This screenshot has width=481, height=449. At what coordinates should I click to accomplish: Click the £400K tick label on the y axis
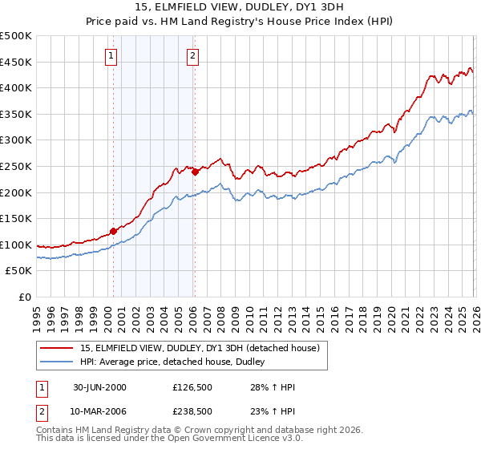(x=16, y=87)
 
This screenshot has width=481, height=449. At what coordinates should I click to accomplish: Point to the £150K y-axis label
(x=16, y=218)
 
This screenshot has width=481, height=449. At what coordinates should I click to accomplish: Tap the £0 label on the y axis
(x=25, y=297)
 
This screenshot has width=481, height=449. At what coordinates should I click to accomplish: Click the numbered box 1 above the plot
(x=110, y=56)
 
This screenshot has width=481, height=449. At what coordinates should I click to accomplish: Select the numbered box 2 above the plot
(x=193, y=56)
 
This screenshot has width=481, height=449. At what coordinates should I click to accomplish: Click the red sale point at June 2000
(x=113, y=231)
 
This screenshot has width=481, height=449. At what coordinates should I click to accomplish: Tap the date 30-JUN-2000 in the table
(x=99, y=387)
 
